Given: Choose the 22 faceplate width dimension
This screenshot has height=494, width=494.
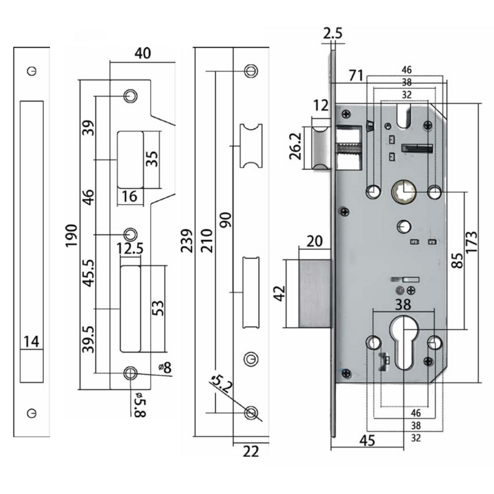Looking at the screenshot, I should [x=250, y=451].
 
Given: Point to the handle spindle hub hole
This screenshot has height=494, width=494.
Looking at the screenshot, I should [x=403, y=191].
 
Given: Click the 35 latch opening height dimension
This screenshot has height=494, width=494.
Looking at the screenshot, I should [x=153, y=159].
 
